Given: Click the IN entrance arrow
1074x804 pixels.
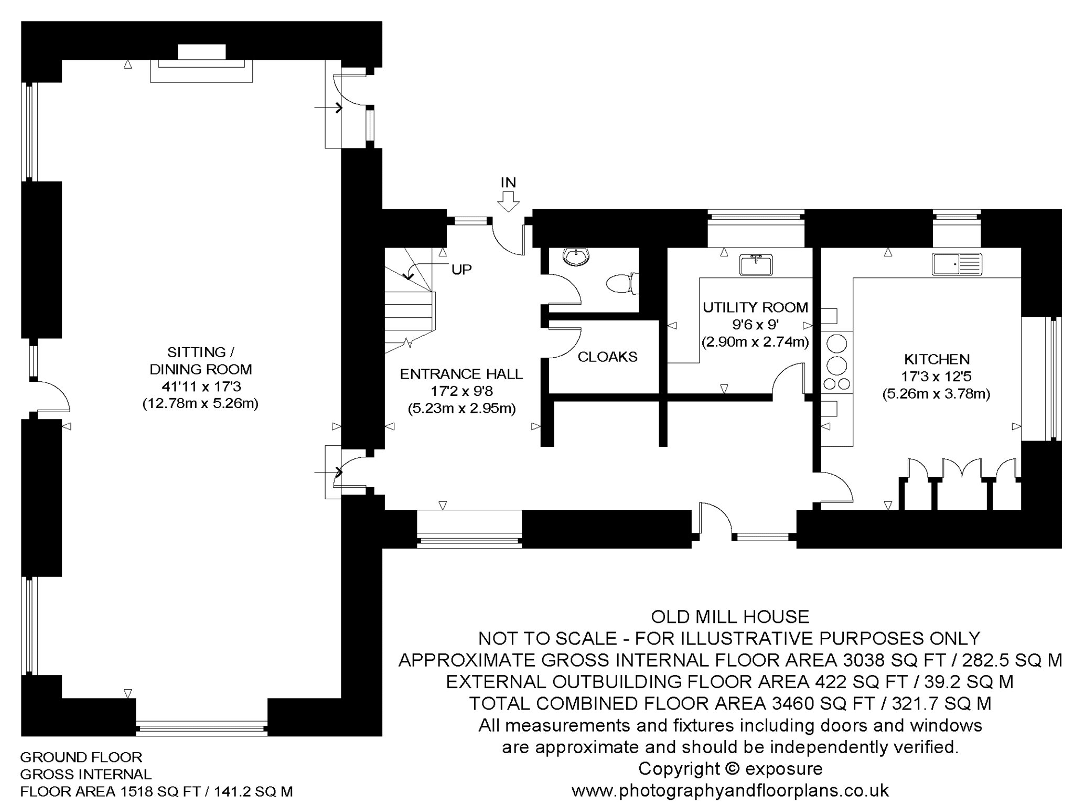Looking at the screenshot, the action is point(508,201).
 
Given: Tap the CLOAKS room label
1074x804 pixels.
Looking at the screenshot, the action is point(607,357).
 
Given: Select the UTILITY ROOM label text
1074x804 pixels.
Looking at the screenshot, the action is point(755,307).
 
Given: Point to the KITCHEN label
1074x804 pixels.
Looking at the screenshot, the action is point(937,359).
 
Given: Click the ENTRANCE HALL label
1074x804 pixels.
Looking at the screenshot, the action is point(461,374).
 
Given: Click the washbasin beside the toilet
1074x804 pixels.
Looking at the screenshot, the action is point(576,256).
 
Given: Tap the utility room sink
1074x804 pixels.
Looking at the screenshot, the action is point(756,264).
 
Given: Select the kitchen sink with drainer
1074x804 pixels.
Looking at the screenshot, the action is point(957,264).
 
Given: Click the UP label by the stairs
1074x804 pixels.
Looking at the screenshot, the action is point(461,270).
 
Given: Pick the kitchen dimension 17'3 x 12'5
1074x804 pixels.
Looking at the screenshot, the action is point(937,376).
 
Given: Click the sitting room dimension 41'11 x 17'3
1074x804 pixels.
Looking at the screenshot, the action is point(201,387).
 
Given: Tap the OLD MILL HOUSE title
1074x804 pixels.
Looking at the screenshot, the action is point(730,616).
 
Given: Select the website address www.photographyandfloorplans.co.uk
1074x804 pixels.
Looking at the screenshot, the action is point(730,790).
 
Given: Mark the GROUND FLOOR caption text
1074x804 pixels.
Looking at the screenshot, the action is point(81,757).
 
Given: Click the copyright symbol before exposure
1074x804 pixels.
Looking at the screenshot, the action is point(733,769).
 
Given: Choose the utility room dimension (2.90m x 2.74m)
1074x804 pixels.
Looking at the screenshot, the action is point(755,342).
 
